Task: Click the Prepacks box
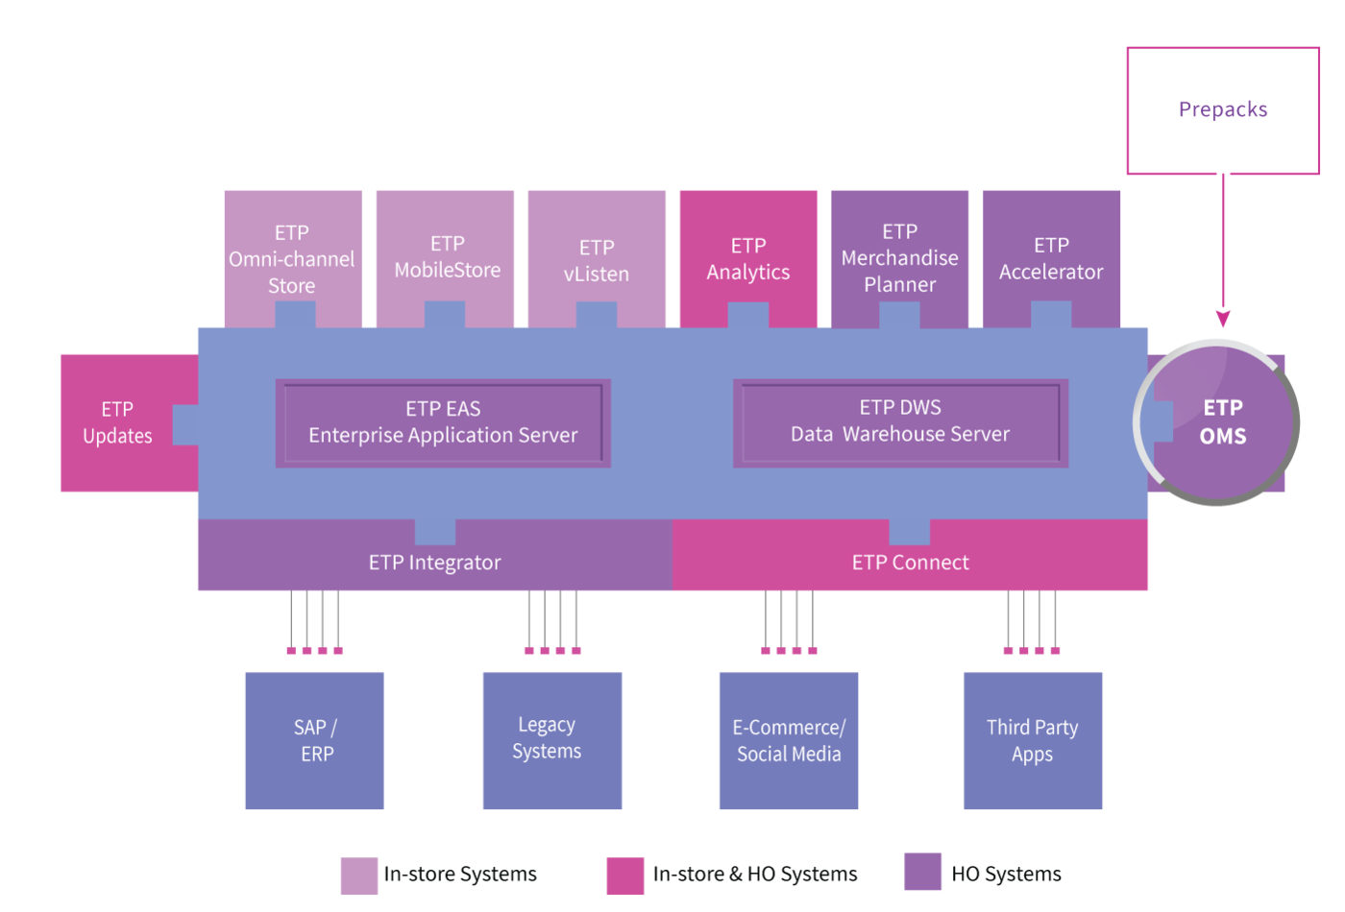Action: coord(1223,111)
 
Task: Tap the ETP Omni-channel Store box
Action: coord(293,258)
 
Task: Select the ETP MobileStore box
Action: coord(445,258)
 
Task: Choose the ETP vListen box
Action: coord(597,258)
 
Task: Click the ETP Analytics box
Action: coord(748,258)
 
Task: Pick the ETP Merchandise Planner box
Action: coord(899,258)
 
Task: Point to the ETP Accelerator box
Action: coord(1051,258)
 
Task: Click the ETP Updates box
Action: coord(120,423)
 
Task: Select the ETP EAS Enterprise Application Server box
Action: coord(443,423)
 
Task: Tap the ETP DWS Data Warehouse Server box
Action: coord(901,423)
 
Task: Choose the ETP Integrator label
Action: coord(434,563)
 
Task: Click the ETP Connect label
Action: coord(911,563)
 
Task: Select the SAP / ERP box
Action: coord(315,741)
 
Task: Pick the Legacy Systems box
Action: coord(552,741)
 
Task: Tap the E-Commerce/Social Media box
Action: coord(789,741)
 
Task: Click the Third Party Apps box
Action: coord(1033,741)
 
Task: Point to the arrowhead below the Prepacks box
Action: coord(1223,318)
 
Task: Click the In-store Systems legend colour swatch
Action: coord(359,876)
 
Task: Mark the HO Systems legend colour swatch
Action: coord(923,872)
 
